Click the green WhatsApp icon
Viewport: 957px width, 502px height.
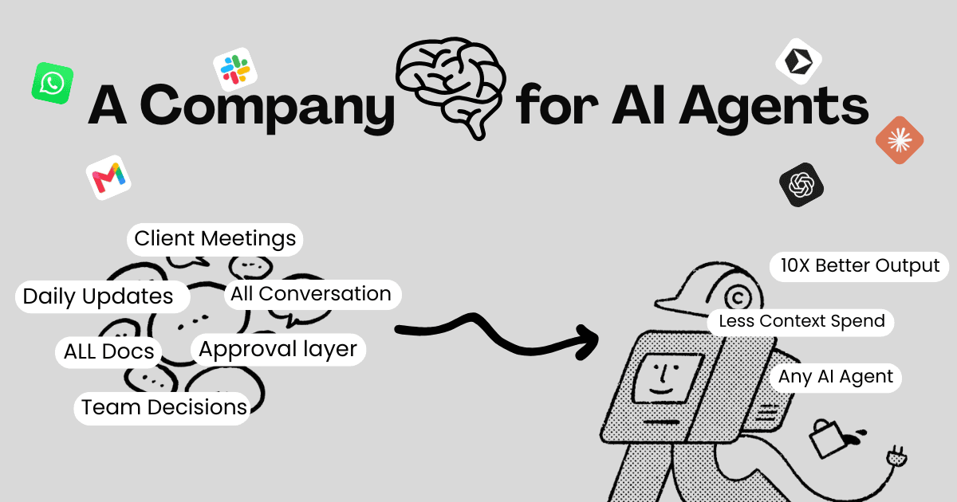coord(53,83)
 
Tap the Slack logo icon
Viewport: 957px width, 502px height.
coord(235,69)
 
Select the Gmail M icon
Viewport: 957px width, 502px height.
coord(108,177)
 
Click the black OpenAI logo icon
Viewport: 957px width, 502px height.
coord(801,185)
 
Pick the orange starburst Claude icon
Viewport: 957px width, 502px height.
coord(900,140)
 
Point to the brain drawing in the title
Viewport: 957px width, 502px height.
coord(451,88)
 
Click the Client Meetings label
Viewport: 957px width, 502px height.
coord(215,239)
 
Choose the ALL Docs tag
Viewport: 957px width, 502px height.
coord(108,351)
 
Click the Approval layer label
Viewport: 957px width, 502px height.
coord(278,349)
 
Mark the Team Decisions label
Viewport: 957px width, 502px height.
coord(163,408)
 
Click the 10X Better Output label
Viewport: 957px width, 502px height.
coord(859,266)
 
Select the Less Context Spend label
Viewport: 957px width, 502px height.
coord(801,322)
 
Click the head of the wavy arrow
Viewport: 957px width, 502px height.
coord(589,341)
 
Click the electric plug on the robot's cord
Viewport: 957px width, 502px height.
coord(896,457)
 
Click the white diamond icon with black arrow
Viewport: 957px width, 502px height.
coord(798,61)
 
